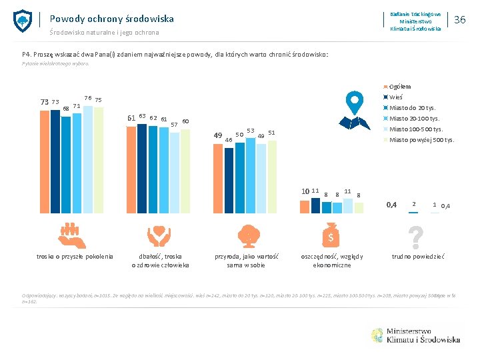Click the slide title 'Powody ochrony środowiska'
111,19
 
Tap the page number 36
459,20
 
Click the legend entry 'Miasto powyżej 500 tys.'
421,139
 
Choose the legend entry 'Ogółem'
399,86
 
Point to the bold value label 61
131,118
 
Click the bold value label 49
217,135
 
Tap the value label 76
87,97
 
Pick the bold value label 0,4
393,204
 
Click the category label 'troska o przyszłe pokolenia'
75,257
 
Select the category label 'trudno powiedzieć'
417,257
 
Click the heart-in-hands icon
159,235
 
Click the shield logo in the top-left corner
23,21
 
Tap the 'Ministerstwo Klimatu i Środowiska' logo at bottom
415,335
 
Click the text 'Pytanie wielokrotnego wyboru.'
64,64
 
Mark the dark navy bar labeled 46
229,176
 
